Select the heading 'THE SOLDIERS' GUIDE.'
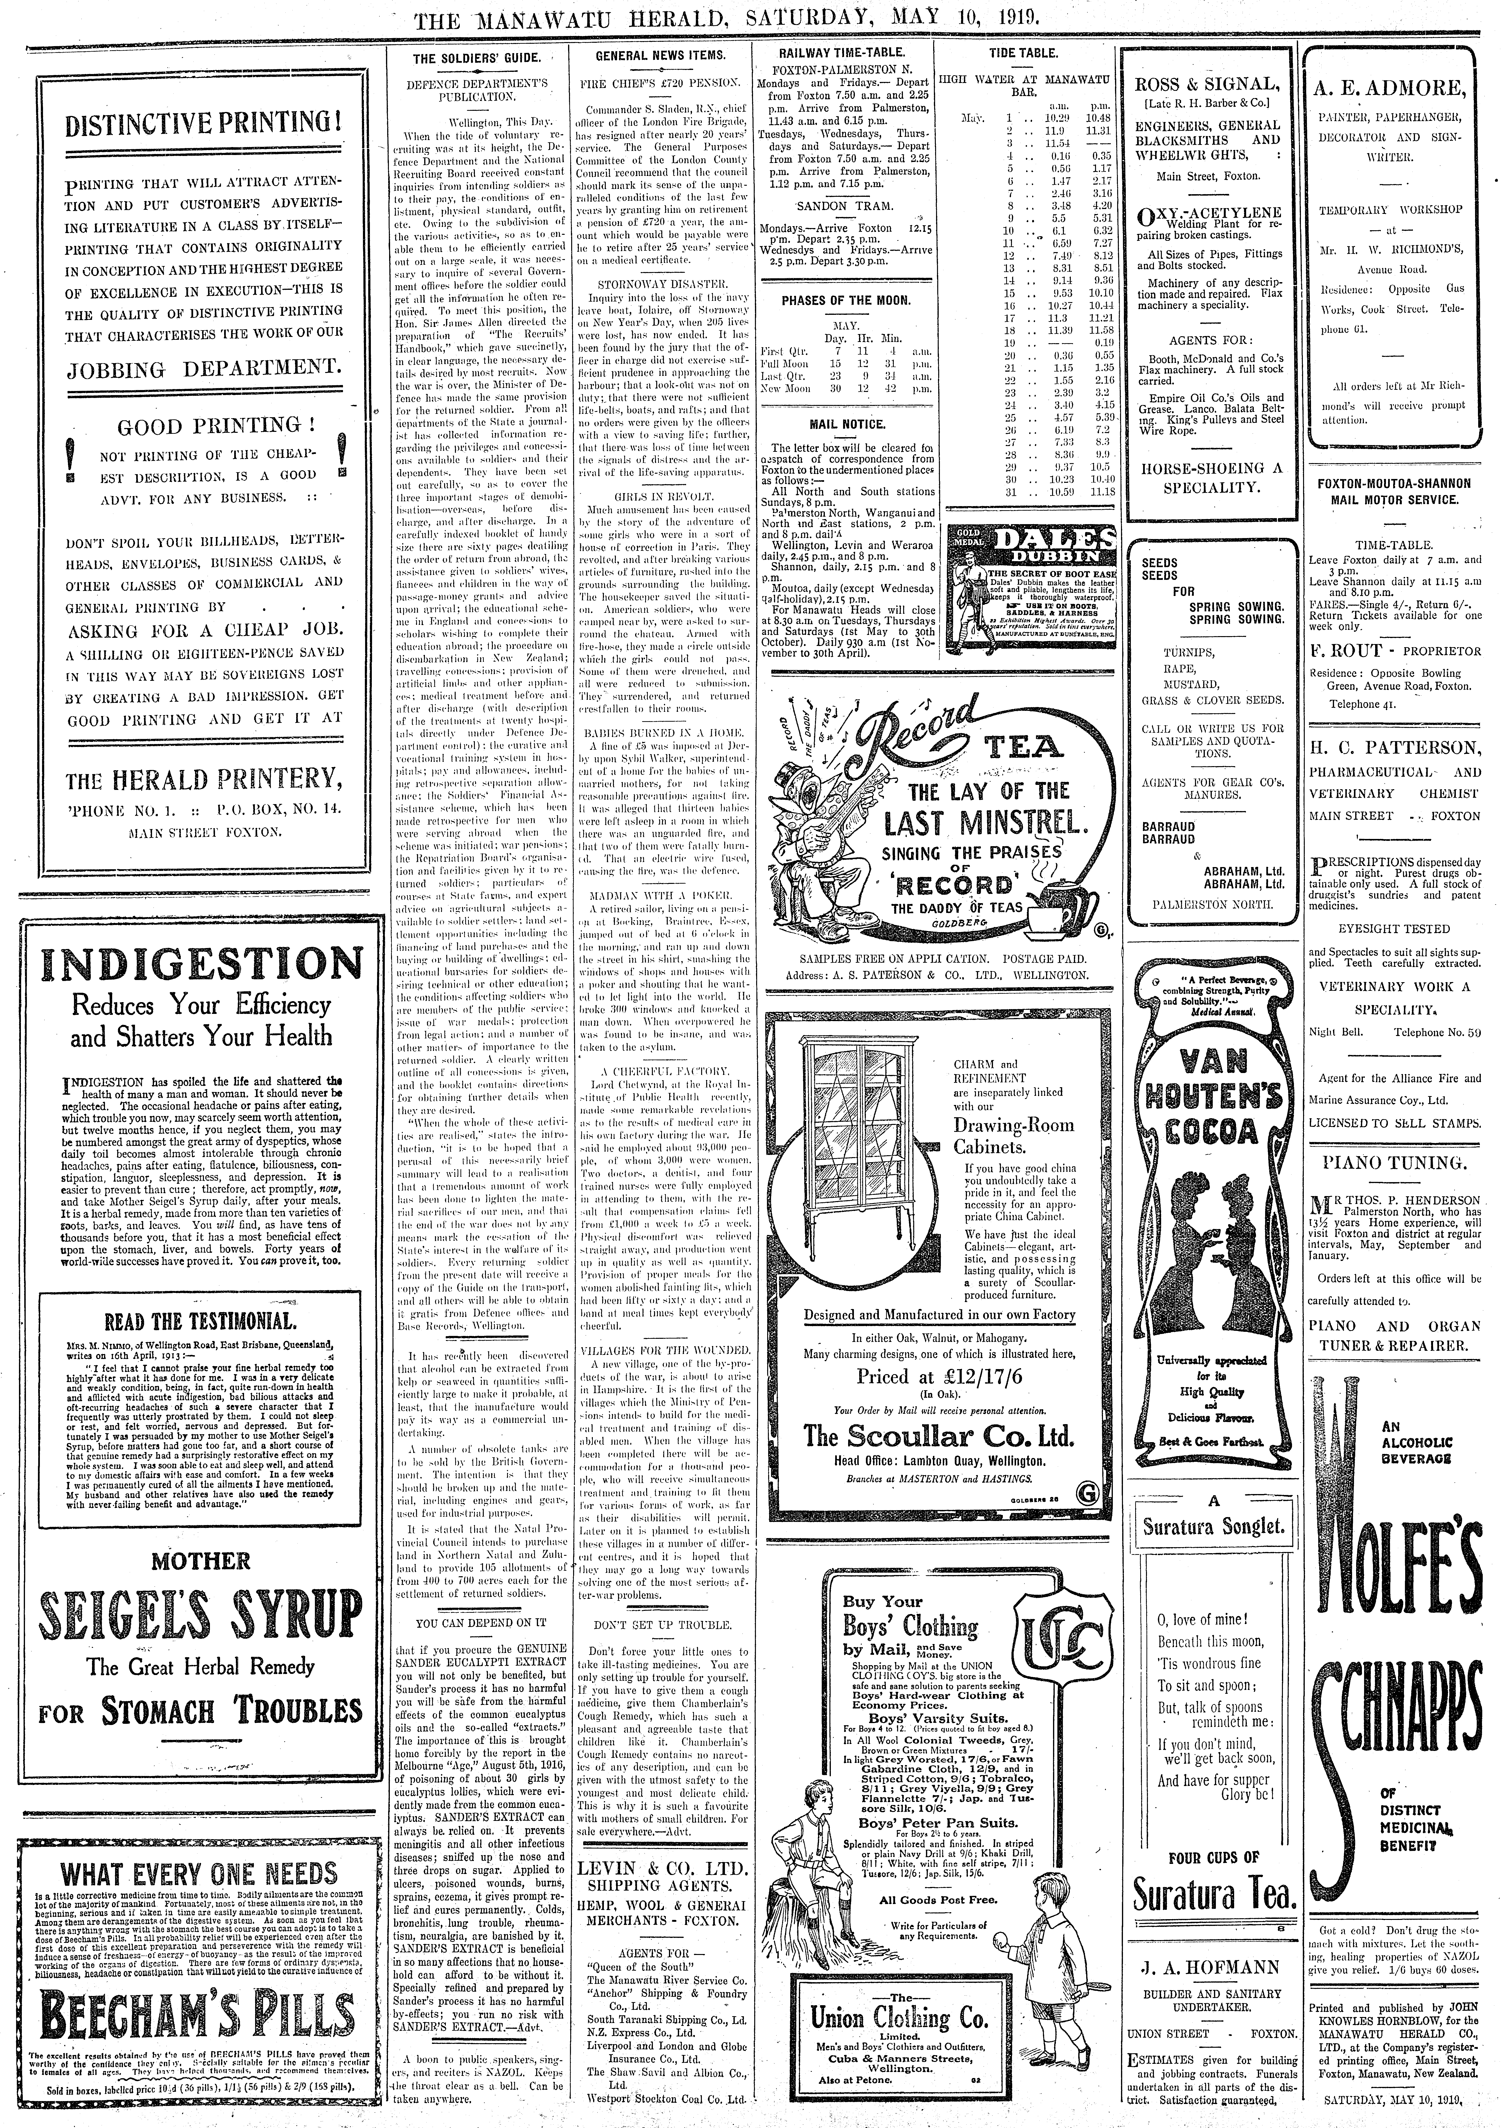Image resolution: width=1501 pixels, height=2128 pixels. pos(475,57)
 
